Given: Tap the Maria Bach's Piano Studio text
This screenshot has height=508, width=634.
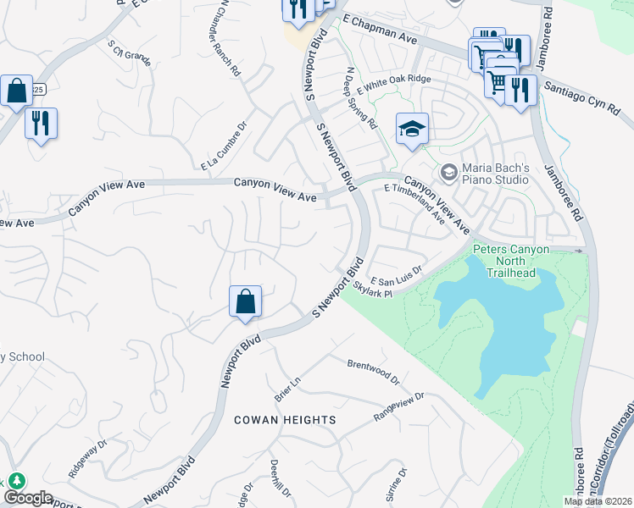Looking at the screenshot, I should tap(495, 173).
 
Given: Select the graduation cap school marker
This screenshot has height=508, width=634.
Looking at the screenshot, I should tap(412, 130).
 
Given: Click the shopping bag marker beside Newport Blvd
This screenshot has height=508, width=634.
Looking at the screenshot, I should tap(245, 301).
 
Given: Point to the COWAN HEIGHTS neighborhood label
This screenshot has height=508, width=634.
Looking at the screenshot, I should tap(284, 420).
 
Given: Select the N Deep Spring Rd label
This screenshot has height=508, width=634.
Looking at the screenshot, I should tap(360, 97).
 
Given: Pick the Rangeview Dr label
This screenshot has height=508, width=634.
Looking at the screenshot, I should tap(398, 407).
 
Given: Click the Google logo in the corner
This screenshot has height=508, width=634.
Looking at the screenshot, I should tap(28, 498).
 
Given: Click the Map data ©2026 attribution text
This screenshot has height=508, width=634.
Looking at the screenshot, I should tap(597, 501).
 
